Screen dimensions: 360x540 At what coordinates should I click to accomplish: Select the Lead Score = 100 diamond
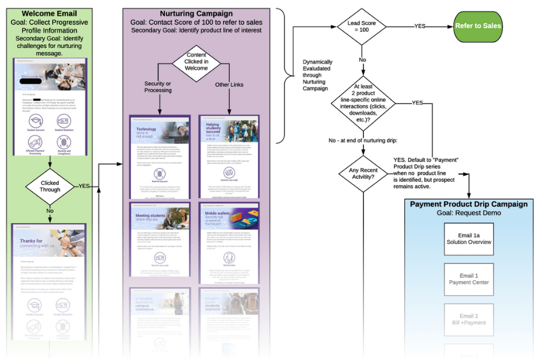(362, 26)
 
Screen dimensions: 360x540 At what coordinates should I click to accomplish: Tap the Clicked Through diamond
(50, 185)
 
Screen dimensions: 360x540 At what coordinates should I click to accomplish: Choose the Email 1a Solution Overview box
(469, 238)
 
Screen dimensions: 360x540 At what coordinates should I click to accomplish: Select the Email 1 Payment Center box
(469, 278)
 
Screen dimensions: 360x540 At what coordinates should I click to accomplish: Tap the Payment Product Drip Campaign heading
(469, 204)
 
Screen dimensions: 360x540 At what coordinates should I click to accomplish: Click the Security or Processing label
(158, 86)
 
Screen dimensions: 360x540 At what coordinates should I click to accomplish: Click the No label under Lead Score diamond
(362, 60)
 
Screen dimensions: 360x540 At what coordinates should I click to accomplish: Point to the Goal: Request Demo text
(469, 213)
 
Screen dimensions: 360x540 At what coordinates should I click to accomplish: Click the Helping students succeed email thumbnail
(229, 157)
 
